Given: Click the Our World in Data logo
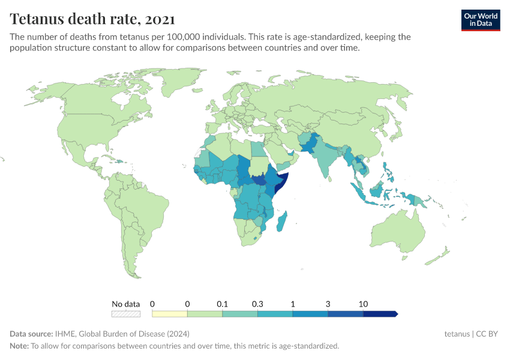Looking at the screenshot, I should tap(480, 20).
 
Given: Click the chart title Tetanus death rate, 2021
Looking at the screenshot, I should tap(92, 19).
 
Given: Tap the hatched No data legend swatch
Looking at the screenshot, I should tap(126, 314).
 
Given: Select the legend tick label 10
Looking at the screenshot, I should tap(363, 304).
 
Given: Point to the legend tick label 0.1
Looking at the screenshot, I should tap(222, 304).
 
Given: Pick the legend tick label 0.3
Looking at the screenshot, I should tap(257, 304).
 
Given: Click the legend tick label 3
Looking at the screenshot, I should tap(328, 304).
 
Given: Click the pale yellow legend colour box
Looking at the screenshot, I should tap(170, 314).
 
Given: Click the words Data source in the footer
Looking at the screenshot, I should tap(31, 334).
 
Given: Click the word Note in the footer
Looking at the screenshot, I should tap(19, 346).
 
